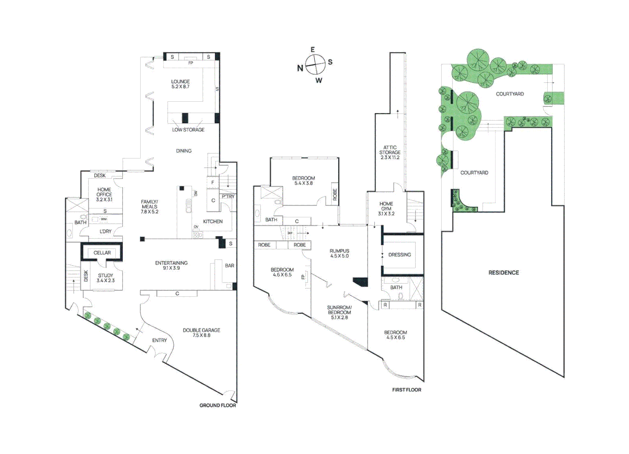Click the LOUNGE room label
pyautogui.click(x=180, y=82)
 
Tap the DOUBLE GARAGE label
pyautogui.click(x=201, y=330)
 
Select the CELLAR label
pyautogui.click(x=102, y=253)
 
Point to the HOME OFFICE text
pyautogui.click(x=104, y=192)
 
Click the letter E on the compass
pyautogui.click(x=312, y=50)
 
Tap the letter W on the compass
pyautogui.click(x=319, y=80)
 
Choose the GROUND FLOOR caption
pyautogui.click(x=218, y=405)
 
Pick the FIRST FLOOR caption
pyautogui.click(x=406, y=390)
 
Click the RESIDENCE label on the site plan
pyautogui.click(x=504, y=272)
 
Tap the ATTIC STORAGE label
pyautogui.click(x=390, y=150)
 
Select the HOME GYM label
pyautogui.click(x=386, y=206)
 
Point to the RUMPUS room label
pyautogui.click(x=339, y=251)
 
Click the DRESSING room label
pyautogui.click(x=400, y=255)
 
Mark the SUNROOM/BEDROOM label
pyautogui.click(x=339, y=310)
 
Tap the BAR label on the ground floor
pyautogui.click(x=229, y=266)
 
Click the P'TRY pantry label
pyautogui.click(x=228, y=196)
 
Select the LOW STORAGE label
pyautogui.click(x=188, y=130)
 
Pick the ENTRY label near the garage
pyautogui.click(x=160, y=340)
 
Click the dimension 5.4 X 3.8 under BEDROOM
pyautogui.click(x=303, y=183)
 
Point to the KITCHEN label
pyautogui.click(x=213, y=222)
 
